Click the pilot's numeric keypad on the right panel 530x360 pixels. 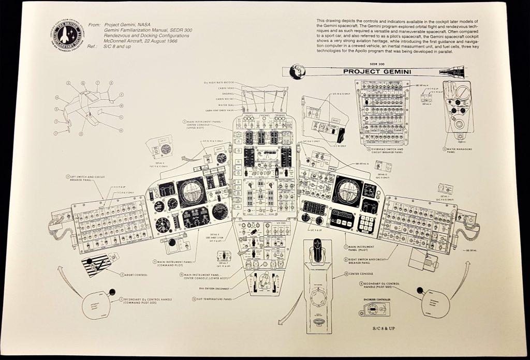pos(367,223)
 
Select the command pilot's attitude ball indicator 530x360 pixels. pos(191,191)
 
